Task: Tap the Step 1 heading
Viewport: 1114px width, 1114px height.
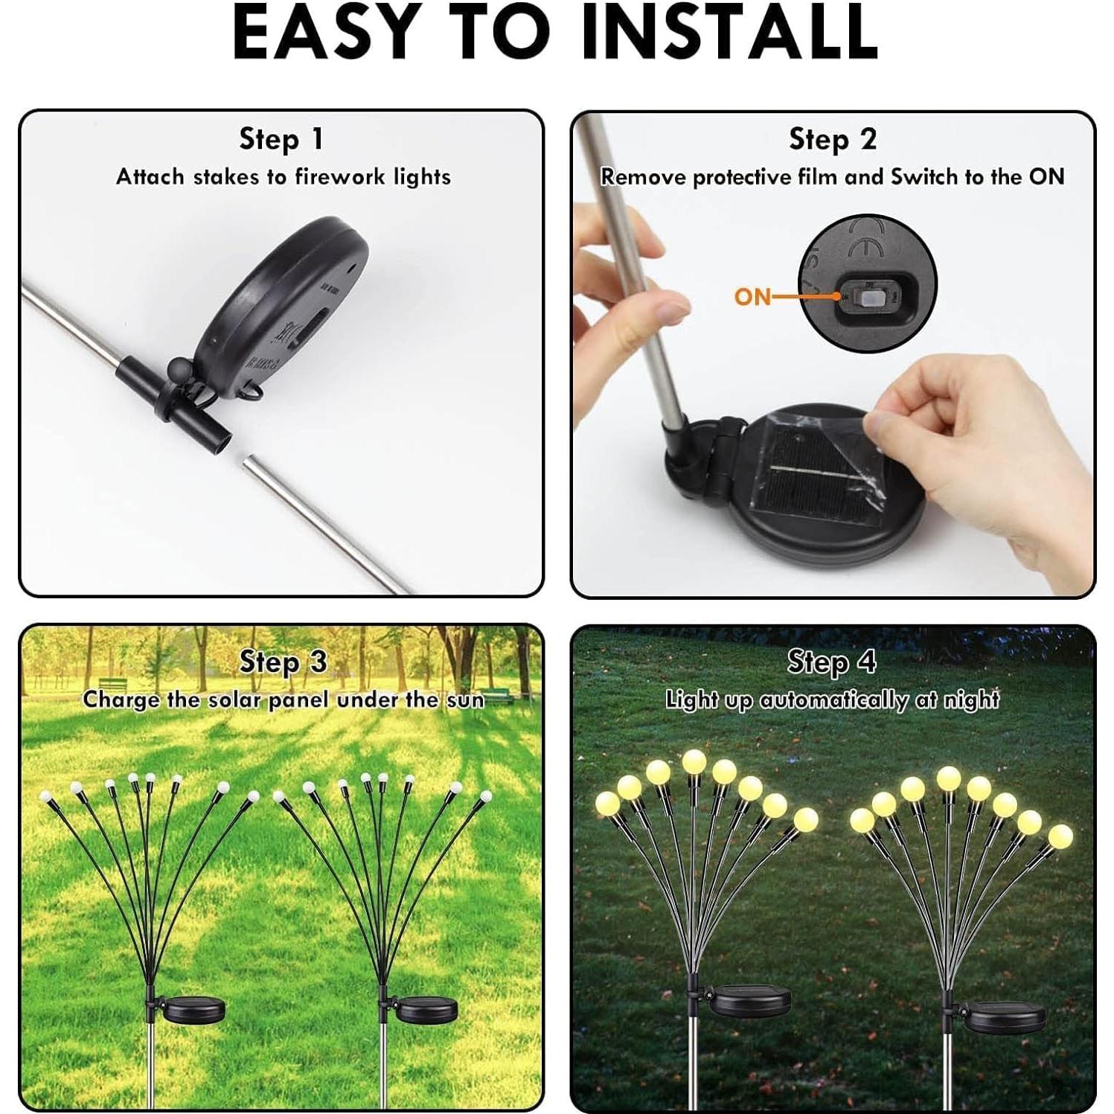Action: [x=281, y=139]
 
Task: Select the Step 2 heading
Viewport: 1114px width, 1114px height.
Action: [x=833, y=139]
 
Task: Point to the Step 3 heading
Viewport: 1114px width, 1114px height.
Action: [x=283, y=662]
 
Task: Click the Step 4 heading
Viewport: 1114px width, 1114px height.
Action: [x=832, y=662]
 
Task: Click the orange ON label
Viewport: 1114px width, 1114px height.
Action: [x=752, y=297]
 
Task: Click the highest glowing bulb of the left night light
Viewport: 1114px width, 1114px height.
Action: [x=694, y=761]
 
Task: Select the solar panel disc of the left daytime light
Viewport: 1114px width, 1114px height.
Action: [x=193, y=1010]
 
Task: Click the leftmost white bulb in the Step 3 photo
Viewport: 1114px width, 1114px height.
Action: [x=48, y=796]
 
